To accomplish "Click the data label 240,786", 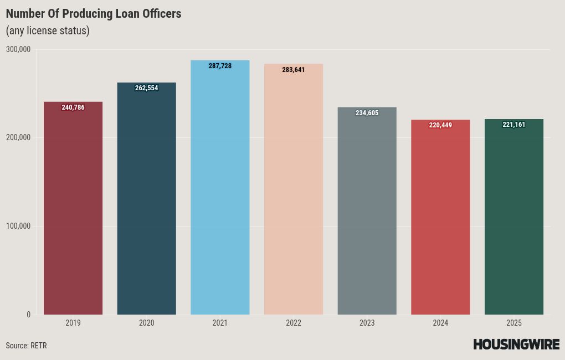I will click(73, 107).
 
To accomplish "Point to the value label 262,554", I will click(147, 88).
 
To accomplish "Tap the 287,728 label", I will click(220, 66).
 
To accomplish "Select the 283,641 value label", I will click(294, 70).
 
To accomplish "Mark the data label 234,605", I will click(367, 113).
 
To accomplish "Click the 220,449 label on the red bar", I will click(440, 125).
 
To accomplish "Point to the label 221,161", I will click(513, 125).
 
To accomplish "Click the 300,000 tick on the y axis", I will click(18, 50).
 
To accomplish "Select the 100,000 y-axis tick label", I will click(18, 226).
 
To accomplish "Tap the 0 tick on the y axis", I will click(28, 315).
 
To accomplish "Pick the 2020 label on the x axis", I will click(147, 323).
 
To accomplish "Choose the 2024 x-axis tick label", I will click(440, 323).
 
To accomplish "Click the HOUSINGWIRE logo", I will click(516, 344).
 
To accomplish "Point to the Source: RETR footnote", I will click(26, 346).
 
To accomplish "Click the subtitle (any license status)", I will click(48, 30).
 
